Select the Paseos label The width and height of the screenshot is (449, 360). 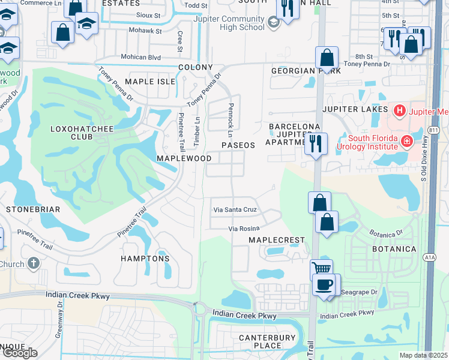238,145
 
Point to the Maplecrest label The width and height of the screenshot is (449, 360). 277,239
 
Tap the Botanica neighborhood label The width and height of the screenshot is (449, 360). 394,248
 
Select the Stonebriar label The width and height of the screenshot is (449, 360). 33,209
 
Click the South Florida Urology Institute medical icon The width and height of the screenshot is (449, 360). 407,142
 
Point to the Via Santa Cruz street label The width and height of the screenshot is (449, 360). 235,210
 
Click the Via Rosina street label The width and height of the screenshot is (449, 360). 244,229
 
